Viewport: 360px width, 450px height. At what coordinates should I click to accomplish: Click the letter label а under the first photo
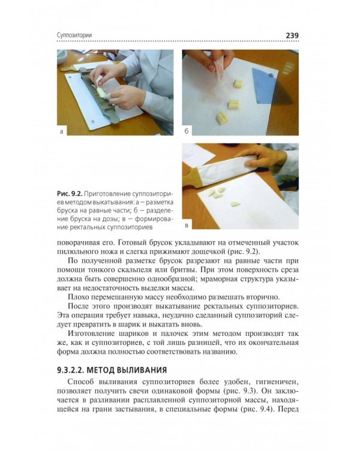click(63, 130)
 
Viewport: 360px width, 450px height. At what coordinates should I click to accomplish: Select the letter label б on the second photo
click(187, 130)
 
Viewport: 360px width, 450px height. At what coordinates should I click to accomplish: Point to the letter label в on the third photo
click(187, 226)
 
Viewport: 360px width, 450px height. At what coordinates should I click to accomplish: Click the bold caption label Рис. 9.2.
click(69, 194)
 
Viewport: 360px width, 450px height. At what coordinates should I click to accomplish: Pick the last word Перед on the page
click(288, 410)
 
